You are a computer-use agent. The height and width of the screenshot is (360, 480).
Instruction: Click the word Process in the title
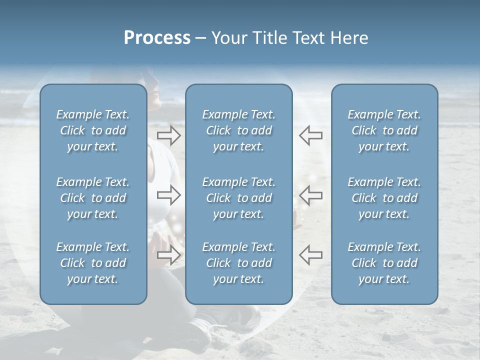[157, 38]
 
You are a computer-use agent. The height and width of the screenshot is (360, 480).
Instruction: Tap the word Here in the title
[350, 38]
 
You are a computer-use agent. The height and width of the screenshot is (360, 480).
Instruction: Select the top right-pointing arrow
[168, 135]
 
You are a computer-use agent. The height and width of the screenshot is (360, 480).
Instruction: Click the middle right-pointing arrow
[168, 195]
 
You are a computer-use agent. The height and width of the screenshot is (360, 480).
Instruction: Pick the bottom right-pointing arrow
[168, 255]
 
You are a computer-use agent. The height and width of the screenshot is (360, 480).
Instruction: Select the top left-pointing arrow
[310, 135]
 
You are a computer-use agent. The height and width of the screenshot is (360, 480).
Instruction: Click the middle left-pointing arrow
[310, 195]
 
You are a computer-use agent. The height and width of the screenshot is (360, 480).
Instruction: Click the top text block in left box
[93, 130]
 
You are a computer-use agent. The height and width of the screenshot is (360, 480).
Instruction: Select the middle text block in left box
[93, 198]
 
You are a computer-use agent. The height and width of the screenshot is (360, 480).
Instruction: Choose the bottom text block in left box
[93, 263]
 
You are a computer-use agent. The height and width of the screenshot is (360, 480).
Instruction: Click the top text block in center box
[238, 130]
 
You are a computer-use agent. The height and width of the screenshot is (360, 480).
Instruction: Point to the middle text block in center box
[238, 198]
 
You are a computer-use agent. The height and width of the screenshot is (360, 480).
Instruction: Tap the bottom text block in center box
[238, 263]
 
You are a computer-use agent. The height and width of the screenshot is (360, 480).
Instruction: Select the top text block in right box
[384, 130]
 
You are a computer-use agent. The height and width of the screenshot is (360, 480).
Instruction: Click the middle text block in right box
[384, 198]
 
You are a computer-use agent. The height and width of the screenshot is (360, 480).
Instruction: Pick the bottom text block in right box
[384, 263]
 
